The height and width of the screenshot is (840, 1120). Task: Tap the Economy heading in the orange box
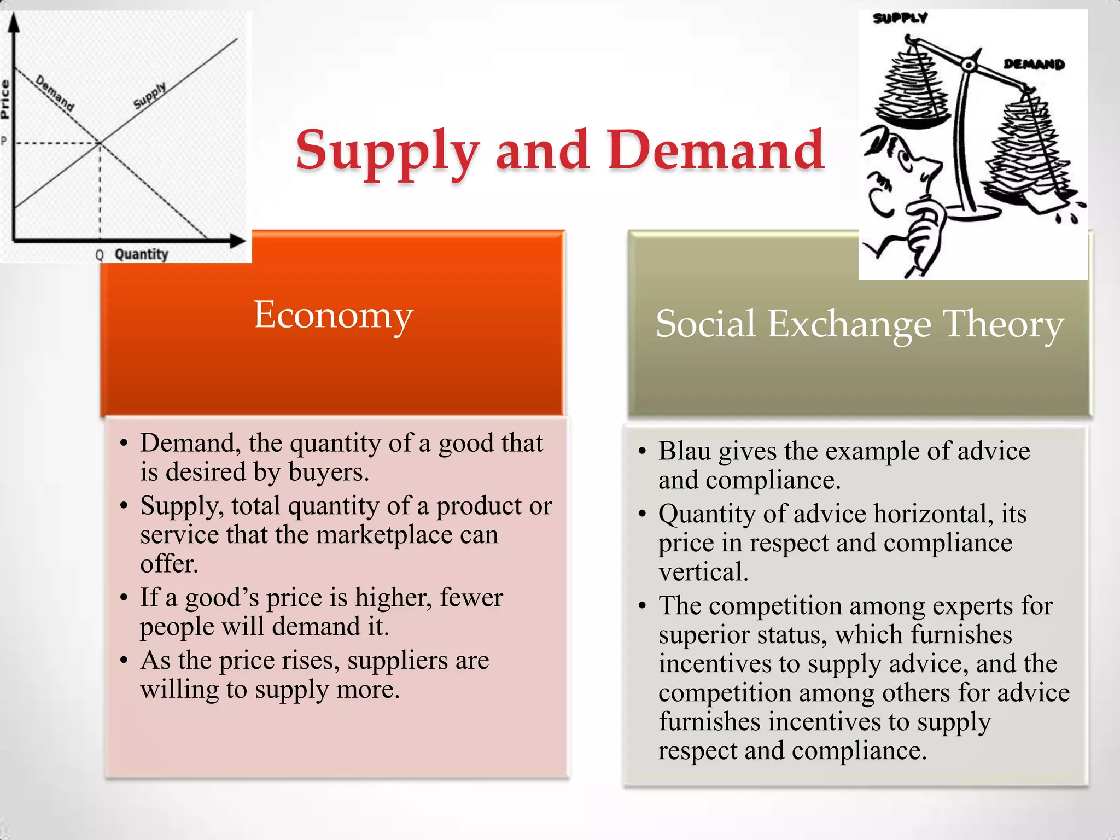pos(333,315)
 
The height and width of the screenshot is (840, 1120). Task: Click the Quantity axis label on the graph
pos(141,254)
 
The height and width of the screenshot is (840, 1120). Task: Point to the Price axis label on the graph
pos(5,99)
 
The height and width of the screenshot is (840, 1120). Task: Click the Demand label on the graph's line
pos(55,93)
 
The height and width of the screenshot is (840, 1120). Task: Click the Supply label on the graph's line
pos(149,96)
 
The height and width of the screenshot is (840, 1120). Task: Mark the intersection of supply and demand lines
pos(100,143)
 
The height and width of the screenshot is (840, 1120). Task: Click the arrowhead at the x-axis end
pos(238,241)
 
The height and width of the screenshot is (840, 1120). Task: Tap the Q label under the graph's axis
pos(99,255)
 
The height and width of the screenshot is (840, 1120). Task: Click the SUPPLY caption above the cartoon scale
pos(900,19)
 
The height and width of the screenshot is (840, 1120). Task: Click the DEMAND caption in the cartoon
pos(1034,65)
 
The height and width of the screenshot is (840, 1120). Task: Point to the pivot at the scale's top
pos(969,65)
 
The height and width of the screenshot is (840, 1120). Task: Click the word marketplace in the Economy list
pos(384,535)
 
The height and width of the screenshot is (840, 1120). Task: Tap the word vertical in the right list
pos(703,572)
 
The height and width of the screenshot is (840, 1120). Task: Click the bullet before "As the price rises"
pos(124,661)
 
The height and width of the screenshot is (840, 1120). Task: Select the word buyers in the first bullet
pos(328,472)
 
